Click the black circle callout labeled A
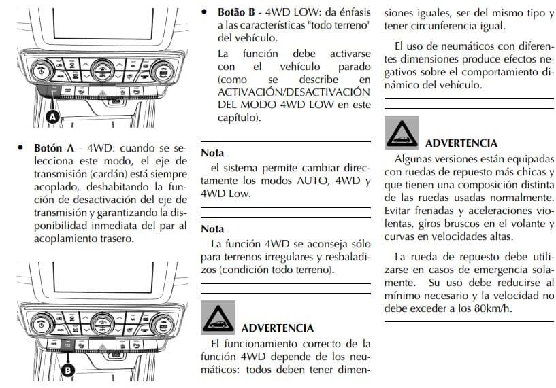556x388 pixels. (x=52, y=117)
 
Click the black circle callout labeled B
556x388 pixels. (x=68, y=370)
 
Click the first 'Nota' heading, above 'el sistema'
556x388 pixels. (x=212, y=153)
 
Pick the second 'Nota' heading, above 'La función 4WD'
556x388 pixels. (x=212, y=229)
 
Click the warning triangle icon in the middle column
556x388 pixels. (x=218, y=318)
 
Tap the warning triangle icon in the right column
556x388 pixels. (x=402, y=133)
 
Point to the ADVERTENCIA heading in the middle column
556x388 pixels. (x=278, y=328)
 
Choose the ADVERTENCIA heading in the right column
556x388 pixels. (x=461, y=143)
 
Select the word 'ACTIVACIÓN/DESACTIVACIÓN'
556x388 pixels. (x=294, y=92)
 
